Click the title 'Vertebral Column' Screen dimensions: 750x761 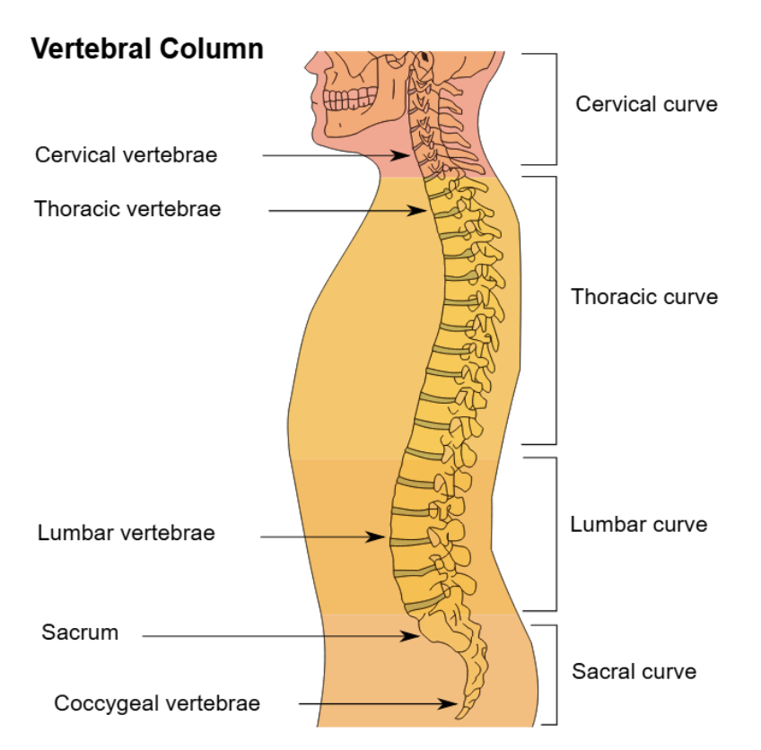148,49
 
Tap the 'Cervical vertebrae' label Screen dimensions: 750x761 126,155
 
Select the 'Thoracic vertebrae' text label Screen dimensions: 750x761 127,210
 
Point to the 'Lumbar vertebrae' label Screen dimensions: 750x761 127,534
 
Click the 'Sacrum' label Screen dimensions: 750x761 80,632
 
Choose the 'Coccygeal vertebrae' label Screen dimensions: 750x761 157,703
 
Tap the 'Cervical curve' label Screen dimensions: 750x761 646,104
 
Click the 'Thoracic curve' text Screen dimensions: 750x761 644,297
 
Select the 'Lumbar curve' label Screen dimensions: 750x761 638,525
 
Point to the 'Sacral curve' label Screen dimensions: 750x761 634,672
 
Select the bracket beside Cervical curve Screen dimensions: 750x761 555,109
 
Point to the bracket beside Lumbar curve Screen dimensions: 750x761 555,534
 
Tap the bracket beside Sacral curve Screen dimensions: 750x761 555,674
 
